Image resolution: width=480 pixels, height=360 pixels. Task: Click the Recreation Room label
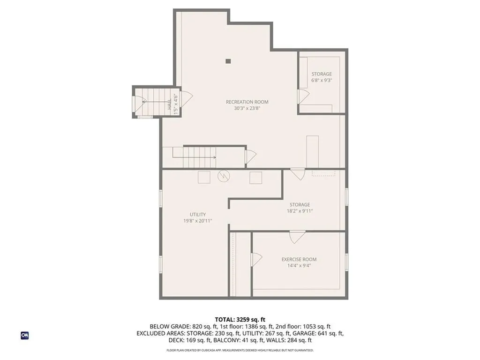coord(247,102)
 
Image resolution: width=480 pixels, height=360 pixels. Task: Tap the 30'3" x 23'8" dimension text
coord(247,108)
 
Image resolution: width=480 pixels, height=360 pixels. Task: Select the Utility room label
coord(198,215)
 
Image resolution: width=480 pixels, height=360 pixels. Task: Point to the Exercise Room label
coord(299,259)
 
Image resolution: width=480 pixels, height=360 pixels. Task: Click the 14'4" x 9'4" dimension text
coord(299,265)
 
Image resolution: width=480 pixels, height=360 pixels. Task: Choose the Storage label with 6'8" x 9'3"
coord(322,74)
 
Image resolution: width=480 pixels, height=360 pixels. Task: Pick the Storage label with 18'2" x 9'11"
coord(300,205)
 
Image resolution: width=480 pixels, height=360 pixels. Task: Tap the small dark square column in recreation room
coord(228,60)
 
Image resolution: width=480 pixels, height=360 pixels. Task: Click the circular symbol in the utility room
coord(224,176)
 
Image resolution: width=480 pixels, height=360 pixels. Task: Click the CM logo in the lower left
coord(25,335)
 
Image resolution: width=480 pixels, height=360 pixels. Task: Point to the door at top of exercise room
coord(297,237)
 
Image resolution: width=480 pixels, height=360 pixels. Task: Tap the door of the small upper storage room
coord(303,96)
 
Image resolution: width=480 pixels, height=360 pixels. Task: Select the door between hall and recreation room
coord(187,98)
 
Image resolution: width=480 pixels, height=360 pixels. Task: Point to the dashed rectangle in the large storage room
coord(324,173)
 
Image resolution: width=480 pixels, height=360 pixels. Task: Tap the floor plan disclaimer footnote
coord(240,350)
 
